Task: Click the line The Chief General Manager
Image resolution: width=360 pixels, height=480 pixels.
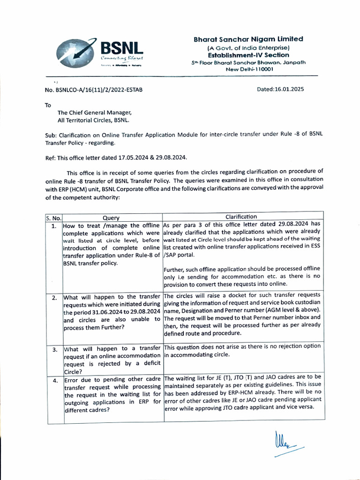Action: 95,112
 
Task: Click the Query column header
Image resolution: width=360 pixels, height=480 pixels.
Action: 111,217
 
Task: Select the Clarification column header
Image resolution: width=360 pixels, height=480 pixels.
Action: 241,217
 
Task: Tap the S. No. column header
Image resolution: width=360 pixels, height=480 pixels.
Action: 54,217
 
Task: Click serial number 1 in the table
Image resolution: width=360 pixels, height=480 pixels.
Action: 54,226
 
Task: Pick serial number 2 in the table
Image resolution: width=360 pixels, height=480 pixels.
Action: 54,298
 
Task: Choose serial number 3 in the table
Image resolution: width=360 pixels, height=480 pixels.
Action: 54,350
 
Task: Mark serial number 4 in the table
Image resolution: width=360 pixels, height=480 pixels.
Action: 54,380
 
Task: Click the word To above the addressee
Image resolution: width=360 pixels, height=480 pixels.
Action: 48,105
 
